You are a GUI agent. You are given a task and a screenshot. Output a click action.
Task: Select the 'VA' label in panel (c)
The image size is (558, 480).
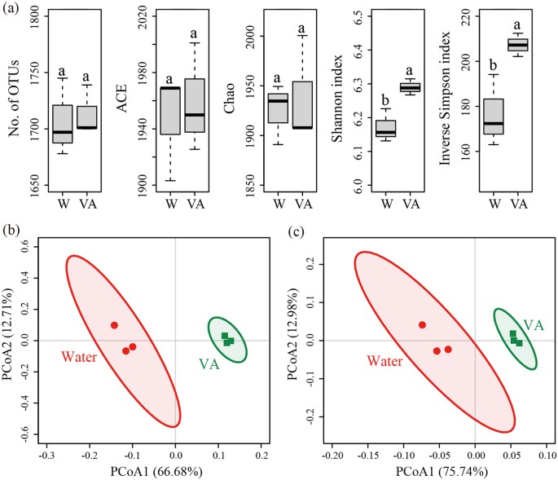(534, 324)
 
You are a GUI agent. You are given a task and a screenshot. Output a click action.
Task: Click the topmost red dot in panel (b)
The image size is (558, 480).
(114, 325)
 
